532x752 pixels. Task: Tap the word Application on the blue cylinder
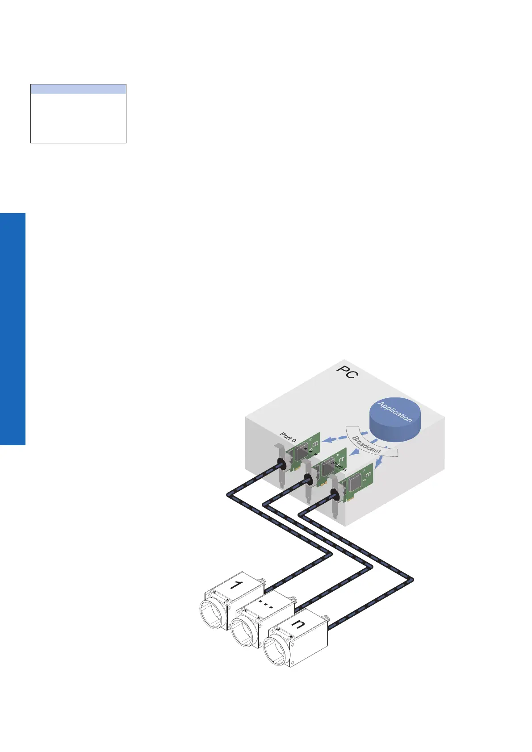click(395, 412)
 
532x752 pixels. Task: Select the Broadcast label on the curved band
click(367, 444)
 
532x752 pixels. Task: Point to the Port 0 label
click(288, 437)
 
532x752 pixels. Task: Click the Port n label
click(340, 468)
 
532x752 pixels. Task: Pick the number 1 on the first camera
click(235, 585)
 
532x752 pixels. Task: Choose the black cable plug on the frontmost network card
click(333, 494)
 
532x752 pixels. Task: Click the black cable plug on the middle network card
click(308, 480)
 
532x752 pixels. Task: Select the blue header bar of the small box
click(78, 89)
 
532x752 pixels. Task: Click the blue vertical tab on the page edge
click(13, 329)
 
